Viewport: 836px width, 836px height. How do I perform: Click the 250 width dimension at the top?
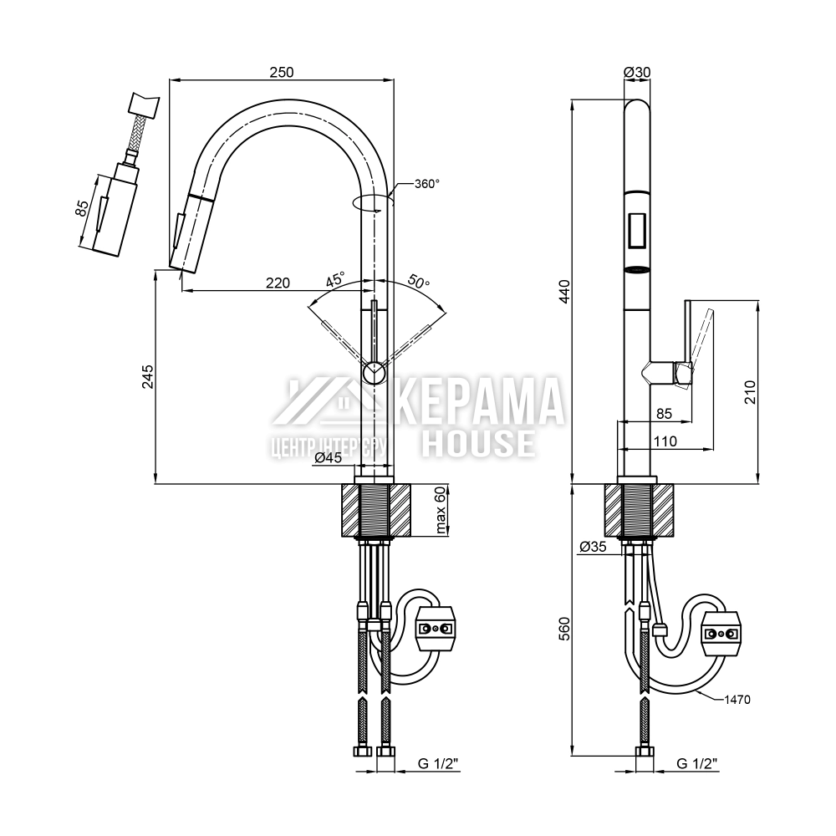282,73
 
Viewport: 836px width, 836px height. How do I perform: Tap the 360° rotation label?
426,184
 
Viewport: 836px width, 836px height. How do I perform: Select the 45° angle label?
335,279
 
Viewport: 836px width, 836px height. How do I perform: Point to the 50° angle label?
420,282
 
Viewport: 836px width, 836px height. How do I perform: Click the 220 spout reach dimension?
278,283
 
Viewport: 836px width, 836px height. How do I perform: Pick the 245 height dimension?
146,380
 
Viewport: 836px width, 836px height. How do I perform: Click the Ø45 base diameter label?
329,457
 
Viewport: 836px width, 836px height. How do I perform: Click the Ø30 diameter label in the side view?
637,73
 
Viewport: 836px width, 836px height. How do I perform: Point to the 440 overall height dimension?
564,293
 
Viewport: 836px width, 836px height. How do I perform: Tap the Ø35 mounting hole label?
592,548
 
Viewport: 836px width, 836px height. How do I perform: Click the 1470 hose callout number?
737,698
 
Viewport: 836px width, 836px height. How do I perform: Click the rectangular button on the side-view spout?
637,230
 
